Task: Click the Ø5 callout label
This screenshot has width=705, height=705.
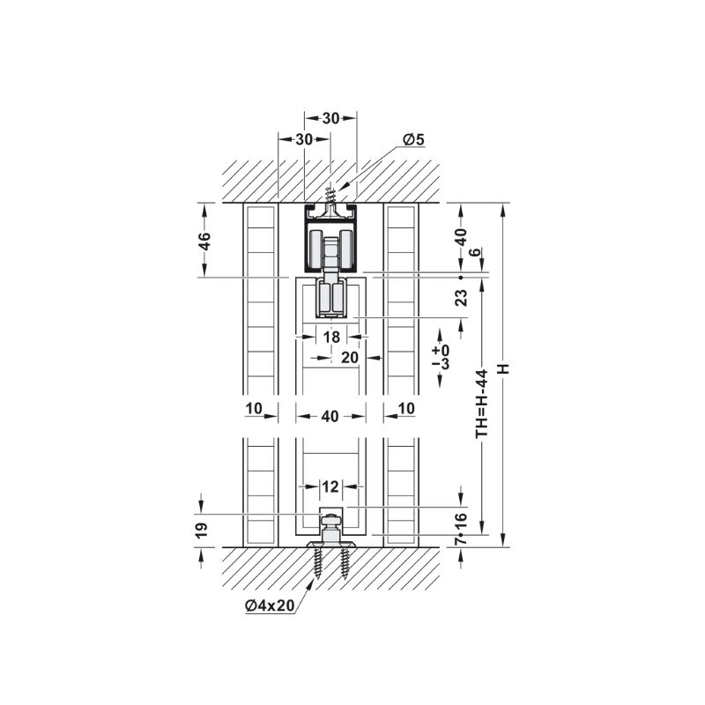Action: click(x=413, y=139)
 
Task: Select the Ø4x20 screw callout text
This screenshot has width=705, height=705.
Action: click(x=270, y=605)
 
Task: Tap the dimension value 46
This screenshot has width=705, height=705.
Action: click(x=204, y=241)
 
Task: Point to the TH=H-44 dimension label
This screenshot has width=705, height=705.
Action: click(x=482, y=404)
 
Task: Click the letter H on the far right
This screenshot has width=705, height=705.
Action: click(x=503, y=368)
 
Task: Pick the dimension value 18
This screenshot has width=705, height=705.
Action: click(x=332, y=337)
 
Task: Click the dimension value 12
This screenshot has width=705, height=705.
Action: click(x=330, y=486)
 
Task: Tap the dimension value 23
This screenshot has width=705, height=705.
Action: click(x=461, y=298)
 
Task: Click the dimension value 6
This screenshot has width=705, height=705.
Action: click(x=475, y=252)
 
